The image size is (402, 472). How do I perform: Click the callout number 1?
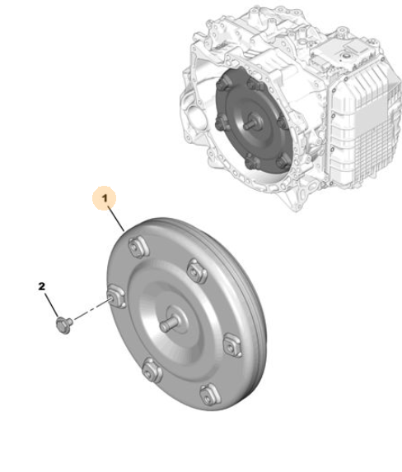click(105, 199)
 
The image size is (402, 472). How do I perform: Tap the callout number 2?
click(42, 286)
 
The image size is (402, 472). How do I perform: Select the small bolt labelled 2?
click(64, 326)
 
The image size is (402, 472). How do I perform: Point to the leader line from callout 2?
click(51, 304)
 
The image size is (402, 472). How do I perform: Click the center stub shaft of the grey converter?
click(170, 325)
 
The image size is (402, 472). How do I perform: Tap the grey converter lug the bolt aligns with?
click(116, 298)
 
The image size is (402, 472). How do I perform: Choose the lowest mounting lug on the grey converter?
click(210, 396)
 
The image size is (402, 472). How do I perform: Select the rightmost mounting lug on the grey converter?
click(232, 345)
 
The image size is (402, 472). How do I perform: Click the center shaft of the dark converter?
click(250, 124)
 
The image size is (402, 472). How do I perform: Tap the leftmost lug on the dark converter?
click(220, 123)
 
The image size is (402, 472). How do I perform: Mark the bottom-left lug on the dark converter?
click(251, 163)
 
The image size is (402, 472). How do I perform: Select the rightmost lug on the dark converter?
click(282, 123)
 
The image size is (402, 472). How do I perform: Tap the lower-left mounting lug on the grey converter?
click(152, 370)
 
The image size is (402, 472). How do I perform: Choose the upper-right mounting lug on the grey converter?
click(197, 271)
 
